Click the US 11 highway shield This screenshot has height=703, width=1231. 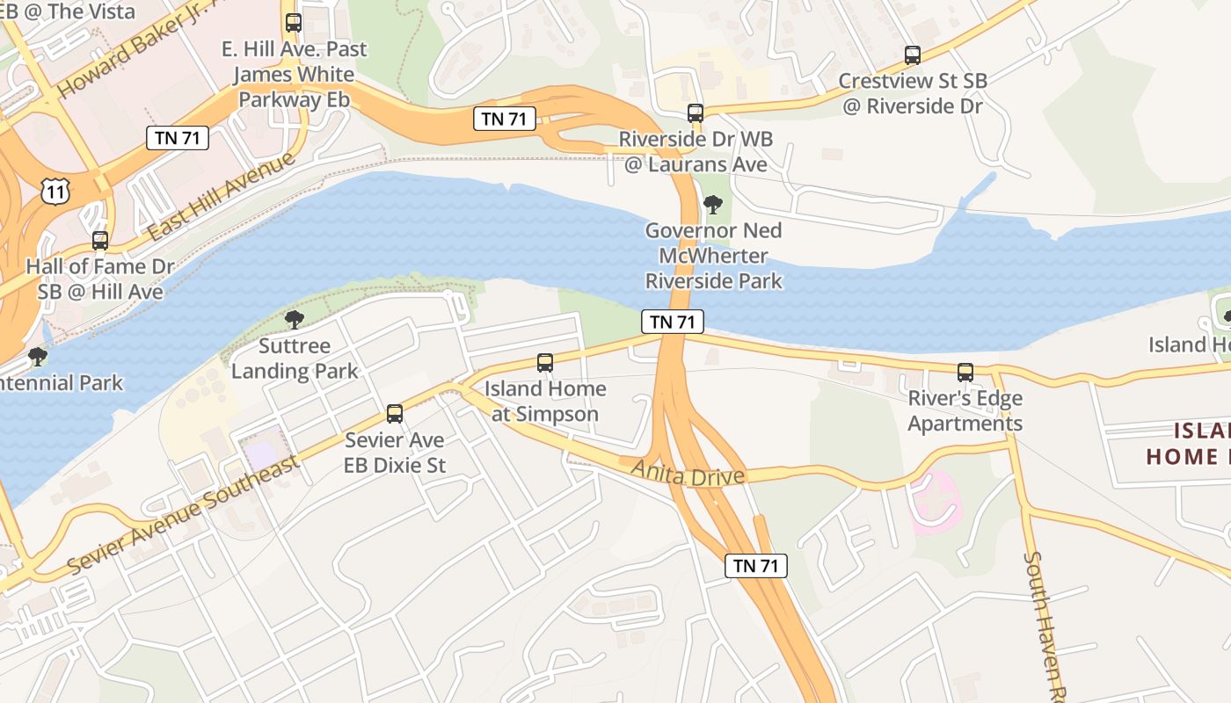pyautogui.click(x=55, y=191)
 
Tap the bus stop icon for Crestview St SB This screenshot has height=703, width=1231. pyautogui.click(x=913, y=55)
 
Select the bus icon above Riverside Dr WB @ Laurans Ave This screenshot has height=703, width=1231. pyautogui.click(x=696, y=113)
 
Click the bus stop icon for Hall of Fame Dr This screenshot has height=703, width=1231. pyautogui.click(x=100, y=241)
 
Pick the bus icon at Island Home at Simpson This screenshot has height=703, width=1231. pyautogui.click(x=545, y=363)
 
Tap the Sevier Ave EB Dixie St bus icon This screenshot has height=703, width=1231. pyautogui.click(x=395, y=414)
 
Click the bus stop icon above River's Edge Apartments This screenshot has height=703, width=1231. pyautogui.click(x=965, y=373)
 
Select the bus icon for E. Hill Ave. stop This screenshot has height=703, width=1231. pyautogui.click(x=294, y=24)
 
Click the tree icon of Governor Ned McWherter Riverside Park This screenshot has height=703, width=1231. pyautogui.click(x=713, y=206)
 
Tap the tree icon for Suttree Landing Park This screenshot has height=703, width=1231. pyautogui.click(x=294, y=320)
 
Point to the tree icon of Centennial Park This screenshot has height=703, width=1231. pyautogui.click(x=37, y=357)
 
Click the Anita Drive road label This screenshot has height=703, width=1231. pyautogui.click(x=688, y=475)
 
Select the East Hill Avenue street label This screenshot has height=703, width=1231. pyautogui.click(x=221, y=199)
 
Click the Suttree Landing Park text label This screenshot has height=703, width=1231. pyautogui.click(x=295, y=359)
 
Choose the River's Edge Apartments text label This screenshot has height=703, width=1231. pyautogui.click(x=965, y=411)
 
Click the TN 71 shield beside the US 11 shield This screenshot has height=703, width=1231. pyautogui.click(x=177, y=137)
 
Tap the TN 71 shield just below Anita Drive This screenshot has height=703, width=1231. pyautogui.click(x=755, y=566)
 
